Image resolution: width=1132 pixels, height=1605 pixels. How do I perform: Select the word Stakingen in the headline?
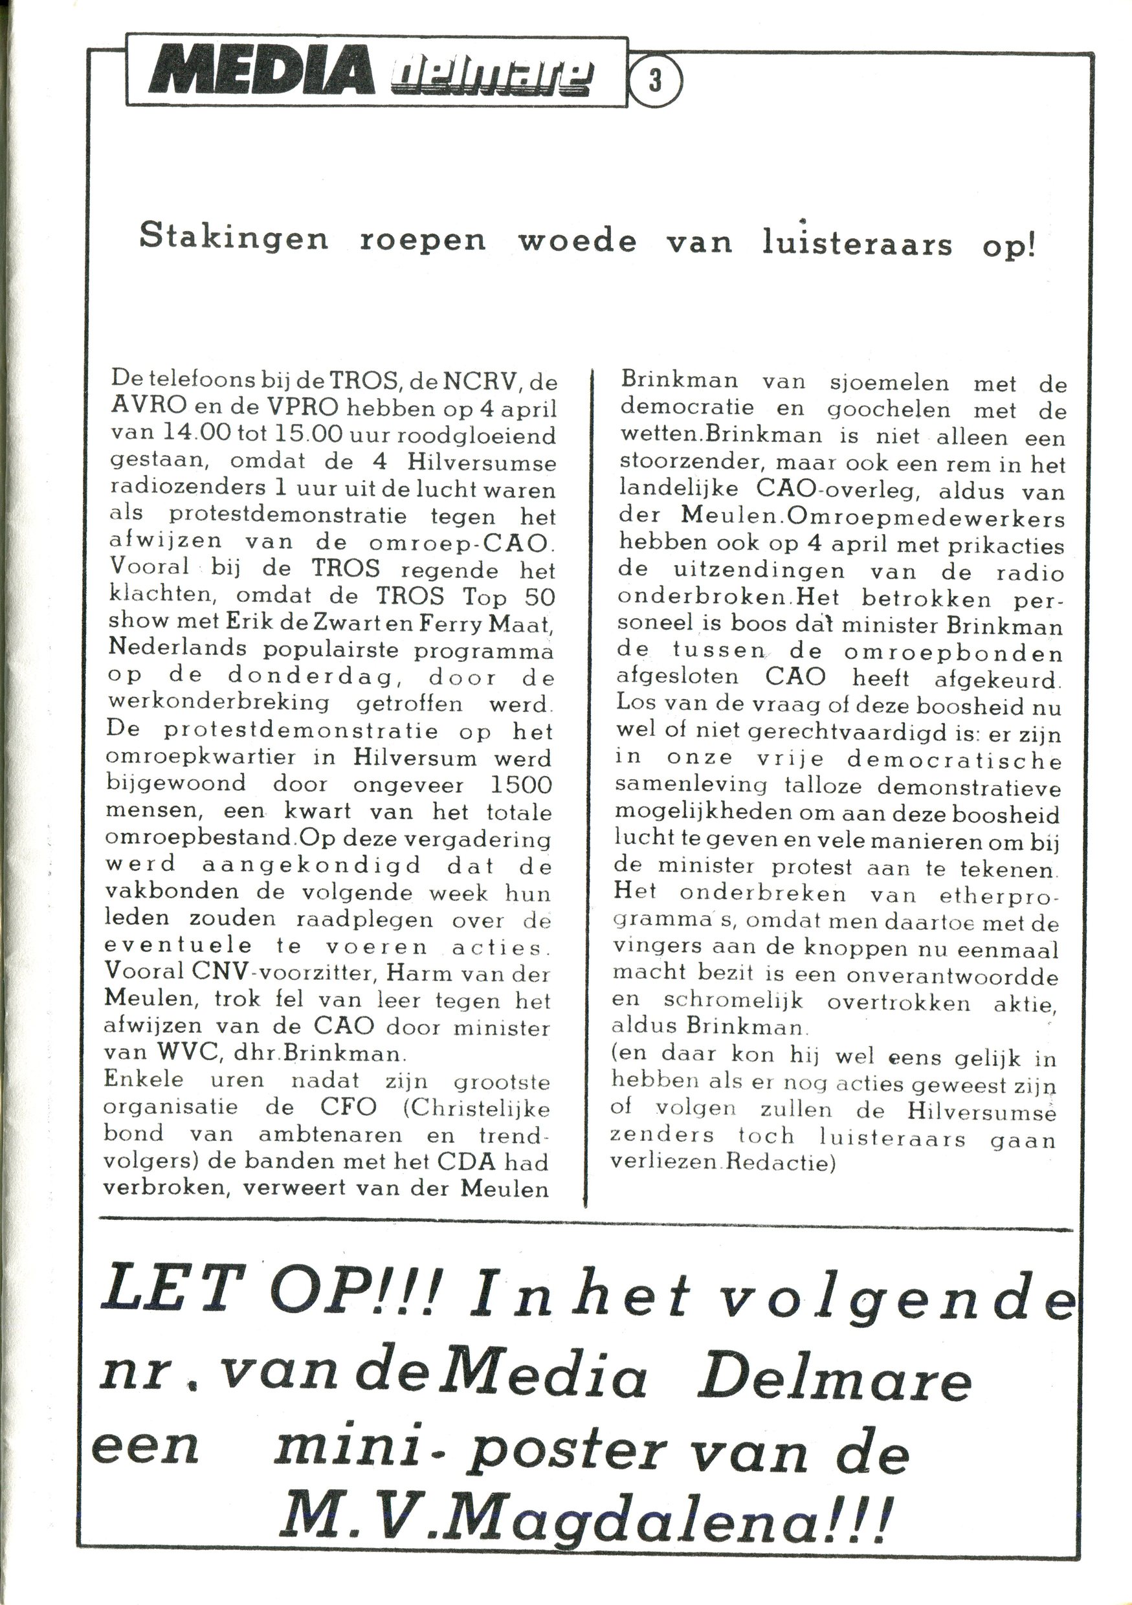pyautogui.click(x=234, y=239)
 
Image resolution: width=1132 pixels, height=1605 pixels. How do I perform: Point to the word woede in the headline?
pyautogui.click(x=577, y=241)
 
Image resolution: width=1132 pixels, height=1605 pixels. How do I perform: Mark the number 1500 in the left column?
pyautogui.click(x=521, y=786)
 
